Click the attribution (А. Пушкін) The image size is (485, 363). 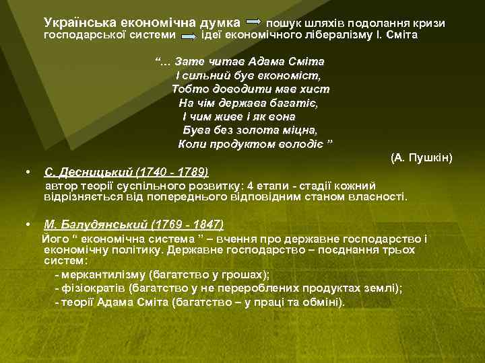point(421,158)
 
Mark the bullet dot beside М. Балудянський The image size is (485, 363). point(26,224)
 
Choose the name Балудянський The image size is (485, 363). point(96,225)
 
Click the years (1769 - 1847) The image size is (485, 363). point(188,225)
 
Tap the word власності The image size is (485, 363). point(377,198)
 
